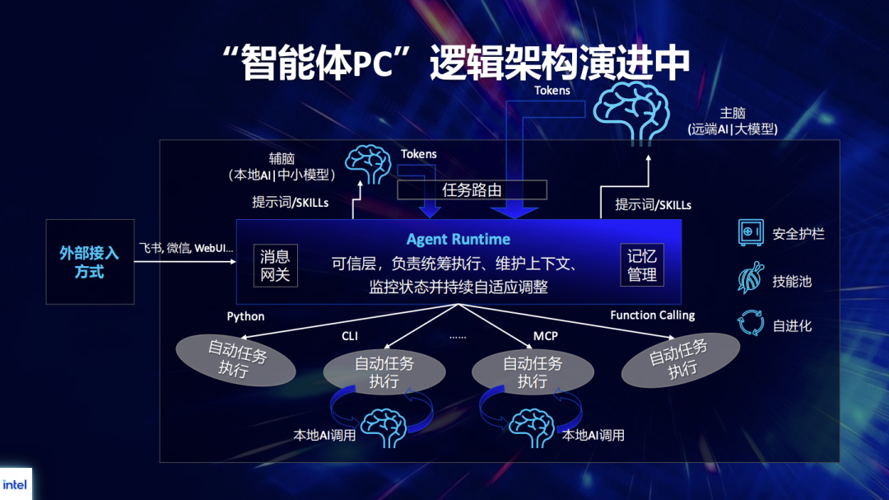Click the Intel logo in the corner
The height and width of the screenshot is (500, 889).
pyautogui.click(x=15, y=484)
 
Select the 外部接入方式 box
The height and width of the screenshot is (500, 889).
pyautogui.click(x=90, y=261)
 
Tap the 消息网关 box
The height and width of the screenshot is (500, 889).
pyautogui.click(x=275, y=265)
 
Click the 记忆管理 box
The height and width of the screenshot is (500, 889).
pyautogui.click(x=642, y=265)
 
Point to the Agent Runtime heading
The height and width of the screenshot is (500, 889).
pyautogui.click(x=458, y=240)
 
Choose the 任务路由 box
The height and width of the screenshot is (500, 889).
pyautogui.click(x=472, y=190)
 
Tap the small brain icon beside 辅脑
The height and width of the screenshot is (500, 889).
pyautogui.click(x=367, y=164)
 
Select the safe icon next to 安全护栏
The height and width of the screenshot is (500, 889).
pyautogui.click(x=750, y=233)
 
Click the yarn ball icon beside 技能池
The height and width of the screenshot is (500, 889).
pyautogui.click(x=750, y=279)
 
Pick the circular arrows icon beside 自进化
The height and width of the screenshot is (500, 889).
pyautogui.click(x=750, y=324)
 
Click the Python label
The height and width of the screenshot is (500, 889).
pyautogui.click(x=245, y=316)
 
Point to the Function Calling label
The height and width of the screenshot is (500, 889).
pyautogui.click(x=652, y=315)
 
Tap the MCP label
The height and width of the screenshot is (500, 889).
pyautogui.click(x=546, y=336)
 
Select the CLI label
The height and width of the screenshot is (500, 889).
pyautogui.click(x=351, y=336)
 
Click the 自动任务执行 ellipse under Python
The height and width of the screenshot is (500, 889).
pyautogui.click(x=236, y=360)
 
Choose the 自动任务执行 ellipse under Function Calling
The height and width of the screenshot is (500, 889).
pyautogui.click(x=679, y=360)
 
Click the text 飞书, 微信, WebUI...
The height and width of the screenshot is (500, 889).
pyautogui.click(x=185, y=248)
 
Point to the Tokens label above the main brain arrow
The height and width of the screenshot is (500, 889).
pyautogui.click(x=552, y=91)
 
